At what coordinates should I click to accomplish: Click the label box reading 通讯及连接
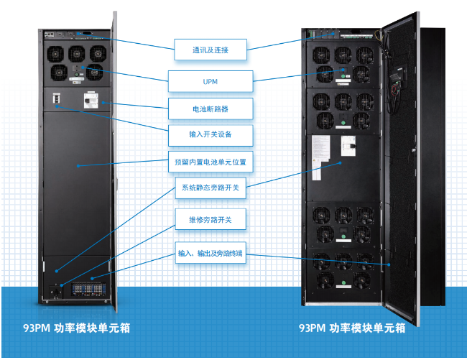211,50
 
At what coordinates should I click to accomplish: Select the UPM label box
211,81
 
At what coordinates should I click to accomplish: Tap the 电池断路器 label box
211,109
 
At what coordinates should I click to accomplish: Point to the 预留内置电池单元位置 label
211,162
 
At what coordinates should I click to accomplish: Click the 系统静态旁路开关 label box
211,188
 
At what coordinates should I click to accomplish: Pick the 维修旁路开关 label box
211,219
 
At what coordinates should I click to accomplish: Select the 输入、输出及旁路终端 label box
211,253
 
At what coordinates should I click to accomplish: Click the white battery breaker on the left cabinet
91,101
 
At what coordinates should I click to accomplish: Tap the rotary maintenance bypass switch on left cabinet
56,292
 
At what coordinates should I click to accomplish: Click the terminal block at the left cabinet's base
88,289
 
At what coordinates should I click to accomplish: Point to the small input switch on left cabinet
56,98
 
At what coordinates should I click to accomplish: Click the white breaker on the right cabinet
348,146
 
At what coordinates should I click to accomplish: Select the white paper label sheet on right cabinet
320,157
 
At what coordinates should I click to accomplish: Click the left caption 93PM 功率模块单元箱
77,328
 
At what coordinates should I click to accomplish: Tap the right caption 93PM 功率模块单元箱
352,328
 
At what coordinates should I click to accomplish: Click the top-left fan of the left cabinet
55,54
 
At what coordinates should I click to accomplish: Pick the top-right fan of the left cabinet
98,53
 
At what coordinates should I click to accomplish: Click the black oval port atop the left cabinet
86,33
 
